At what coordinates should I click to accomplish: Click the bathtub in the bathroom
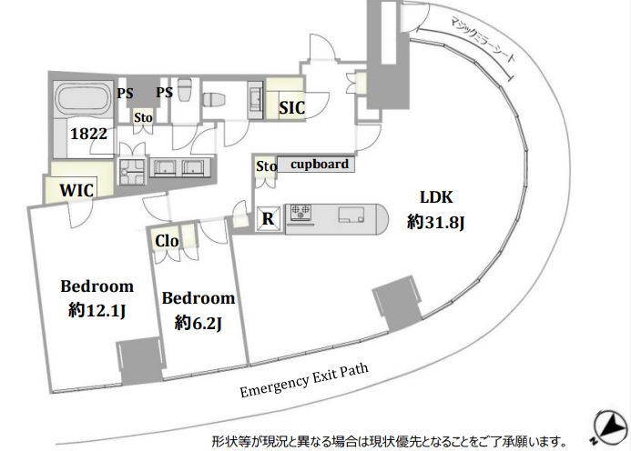84,99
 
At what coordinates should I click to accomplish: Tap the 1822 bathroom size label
89,134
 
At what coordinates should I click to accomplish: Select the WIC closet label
76,190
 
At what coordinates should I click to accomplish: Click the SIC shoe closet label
291,107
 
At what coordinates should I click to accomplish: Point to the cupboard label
320,164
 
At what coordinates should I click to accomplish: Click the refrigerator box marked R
269,218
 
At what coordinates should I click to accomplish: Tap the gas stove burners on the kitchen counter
300,212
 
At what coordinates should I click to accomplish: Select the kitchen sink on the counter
351,215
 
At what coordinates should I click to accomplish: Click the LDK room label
436,197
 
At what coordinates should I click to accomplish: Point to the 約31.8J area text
435,222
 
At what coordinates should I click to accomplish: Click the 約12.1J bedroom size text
97,310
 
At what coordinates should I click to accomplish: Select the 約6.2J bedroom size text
198,323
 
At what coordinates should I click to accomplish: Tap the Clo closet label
167,241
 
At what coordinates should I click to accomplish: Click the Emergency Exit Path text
304,380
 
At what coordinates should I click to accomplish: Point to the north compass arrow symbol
610,427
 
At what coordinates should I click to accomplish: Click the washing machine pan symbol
131,172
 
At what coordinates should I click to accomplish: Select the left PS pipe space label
125,94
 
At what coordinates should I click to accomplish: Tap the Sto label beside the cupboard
267,166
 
